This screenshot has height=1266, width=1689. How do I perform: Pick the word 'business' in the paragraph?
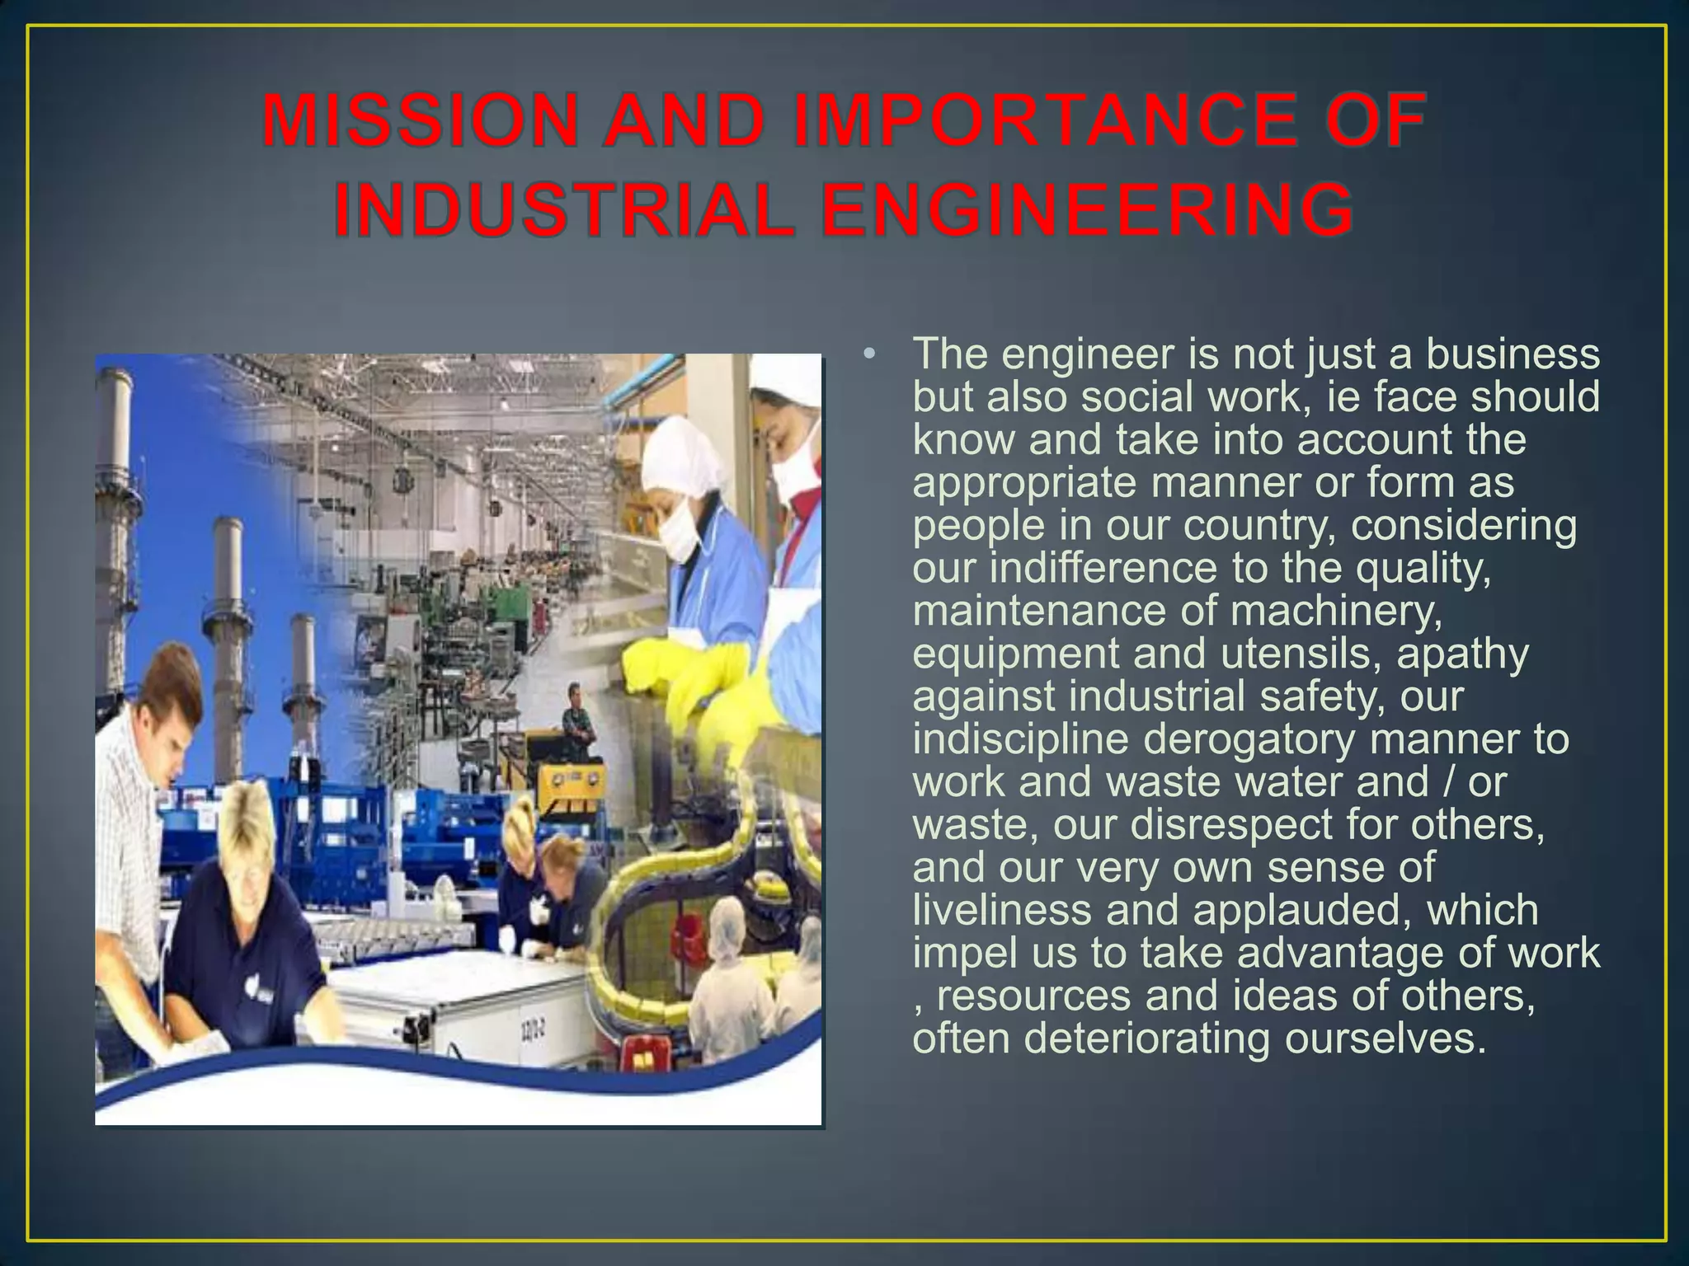(x=1513, y=354)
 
